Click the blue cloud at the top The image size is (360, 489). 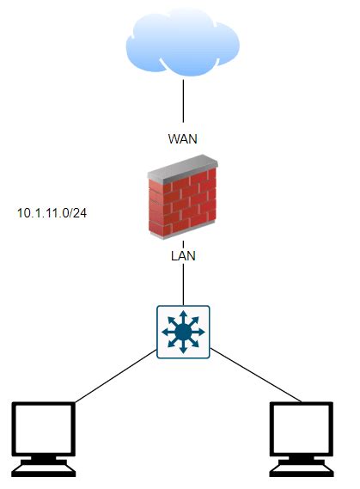click(x=181, y=44)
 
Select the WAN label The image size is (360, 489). click(x=181, y=138)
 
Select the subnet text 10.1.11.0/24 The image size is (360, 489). click(x=52, y=211)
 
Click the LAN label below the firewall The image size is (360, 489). click(x=181, y=255)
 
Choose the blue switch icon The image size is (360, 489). click(x=181, y=330)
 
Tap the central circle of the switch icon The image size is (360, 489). click(x=181, y=331)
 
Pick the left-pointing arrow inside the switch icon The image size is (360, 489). click(x=164, y=331)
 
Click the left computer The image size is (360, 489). click(x=45, y=438)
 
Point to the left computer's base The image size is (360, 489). click(x=45, y=468)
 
